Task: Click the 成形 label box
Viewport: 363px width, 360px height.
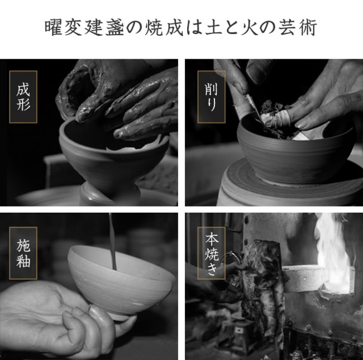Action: click(x=23, y=97)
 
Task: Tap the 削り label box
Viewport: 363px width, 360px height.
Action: click(x=211, y=97)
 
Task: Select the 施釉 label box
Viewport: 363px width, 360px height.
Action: click(x=23, y=253)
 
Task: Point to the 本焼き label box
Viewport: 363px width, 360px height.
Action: click(x=211, y=253)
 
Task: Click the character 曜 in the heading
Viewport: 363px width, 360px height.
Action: click(x=53, y=28)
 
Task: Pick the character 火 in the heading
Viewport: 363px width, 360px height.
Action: click(x=250, y=28)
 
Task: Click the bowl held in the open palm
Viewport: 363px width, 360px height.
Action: click(x=121, y=280)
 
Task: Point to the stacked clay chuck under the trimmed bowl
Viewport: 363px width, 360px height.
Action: click(x=289, y=185)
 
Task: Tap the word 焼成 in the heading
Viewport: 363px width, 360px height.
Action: click(x=164, y=28)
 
